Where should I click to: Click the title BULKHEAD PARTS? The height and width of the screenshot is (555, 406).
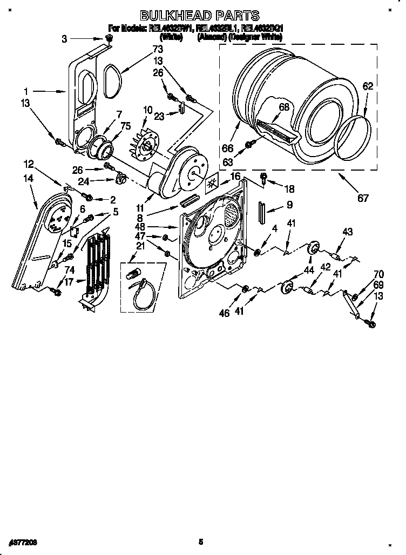click(x=200, y=16)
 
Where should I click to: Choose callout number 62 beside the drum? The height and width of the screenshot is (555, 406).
click(x=368, y=86)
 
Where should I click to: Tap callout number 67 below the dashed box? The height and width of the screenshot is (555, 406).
click(x=363, y=199)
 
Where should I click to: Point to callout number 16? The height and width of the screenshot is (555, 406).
click(x=235, y=177)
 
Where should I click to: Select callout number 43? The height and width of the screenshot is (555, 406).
click(x=347, y=232)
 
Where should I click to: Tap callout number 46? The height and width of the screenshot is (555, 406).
click(x=225, y=312)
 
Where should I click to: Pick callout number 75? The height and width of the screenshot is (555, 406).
click(x=126, y=127)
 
